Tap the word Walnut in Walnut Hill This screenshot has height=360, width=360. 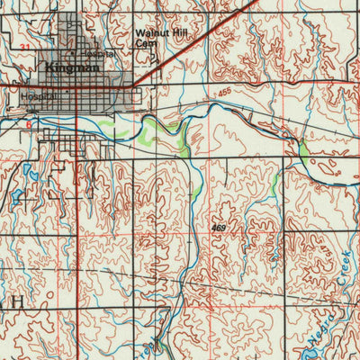[148, 32]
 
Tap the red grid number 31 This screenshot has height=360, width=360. [24, 44]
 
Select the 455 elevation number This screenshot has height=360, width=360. [223, 92]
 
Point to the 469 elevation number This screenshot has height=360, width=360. [219, 230]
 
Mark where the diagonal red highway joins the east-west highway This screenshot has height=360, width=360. [133, 87]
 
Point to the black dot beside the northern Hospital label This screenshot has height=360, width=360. [86, 55]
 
